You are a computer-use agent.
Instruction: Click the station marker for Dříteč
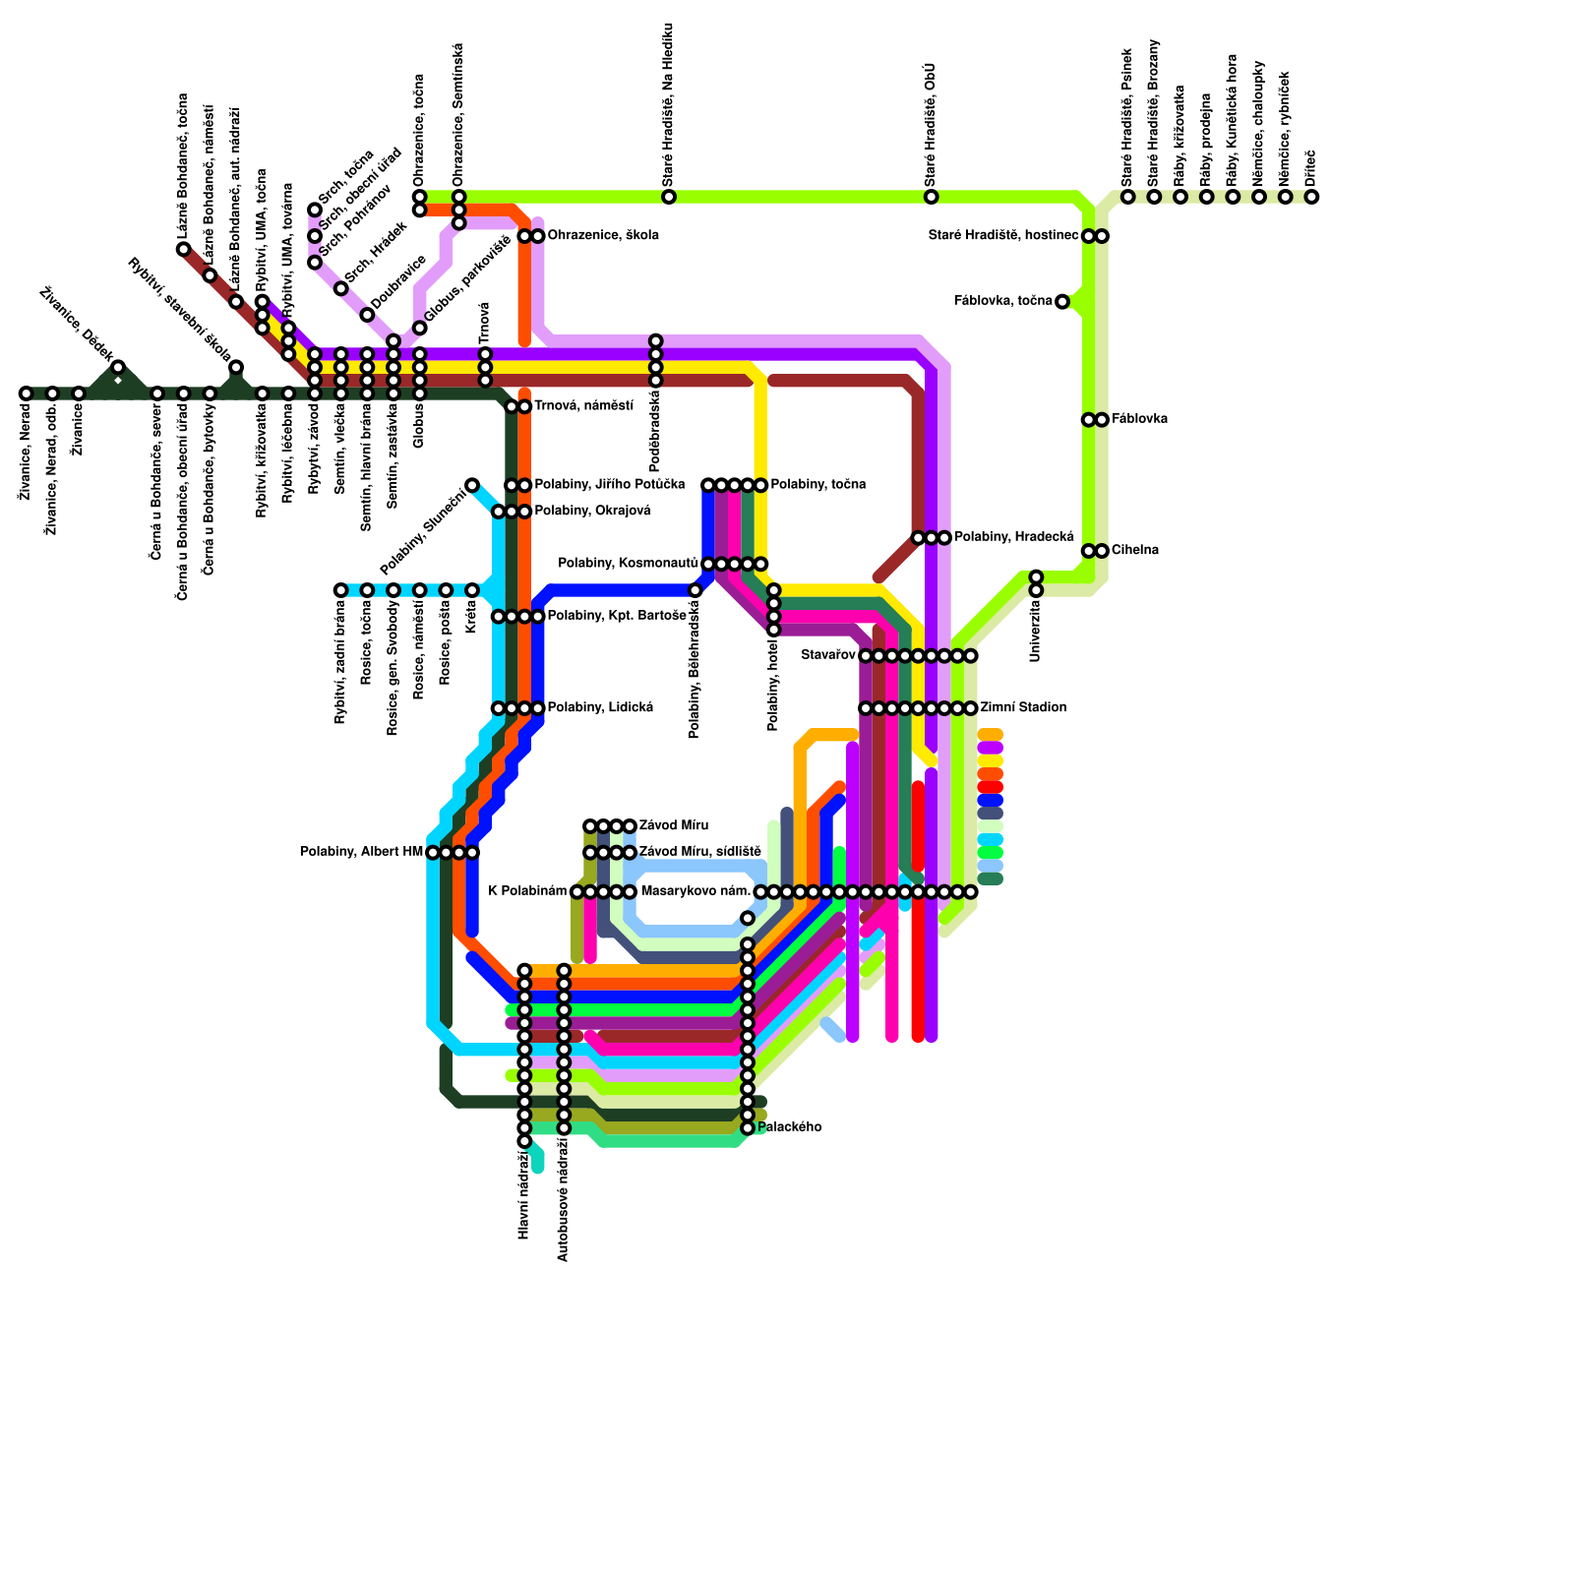point(1311,197)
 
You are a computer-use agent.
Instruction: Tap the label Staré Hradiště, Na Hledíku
point(669,105)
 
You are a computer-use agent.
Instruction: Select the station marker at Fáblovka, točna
point(1061,301)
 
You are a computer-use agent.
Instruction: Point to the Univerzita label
point(1036,631)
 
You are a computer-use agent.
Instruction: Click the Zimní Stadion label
point(1023,708)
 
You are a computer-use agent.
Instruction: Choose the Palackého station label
point(789,1127)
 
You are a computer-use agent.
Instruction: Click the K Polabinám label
point(527,891)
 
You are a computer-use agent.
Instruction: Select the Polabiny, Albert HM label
point(361,852)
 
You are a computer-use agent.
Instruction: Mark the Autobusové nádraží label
point(564,1205)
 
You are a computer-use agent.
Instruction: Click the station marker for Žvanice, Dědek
point(118,368)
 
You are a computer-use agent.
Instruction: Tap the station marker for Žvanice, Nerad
point(26,393)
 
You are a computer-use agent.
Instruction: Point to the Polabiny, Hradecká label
point(1013,537)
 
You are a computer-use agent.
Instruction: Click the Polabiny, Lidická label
point(600,708)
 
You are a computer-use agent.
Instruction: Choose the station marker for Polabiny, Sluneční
point(472,485)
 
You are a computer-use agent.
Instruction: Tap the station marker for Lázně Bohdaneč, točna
point(183,250)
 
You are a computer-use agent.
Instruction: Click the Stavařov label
point(828,655)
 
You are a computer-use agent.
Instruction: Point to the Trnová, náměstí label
point(583,406)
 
